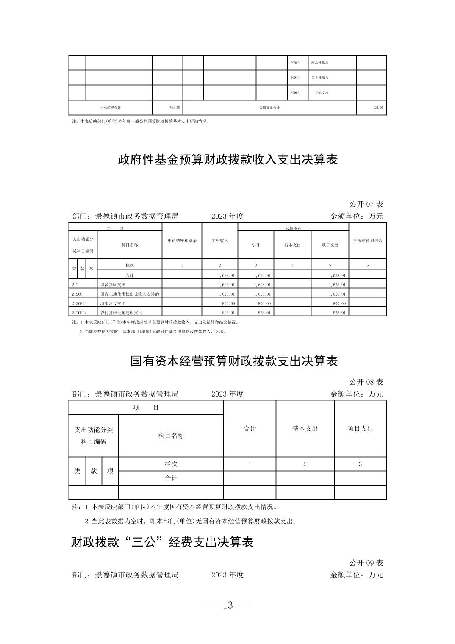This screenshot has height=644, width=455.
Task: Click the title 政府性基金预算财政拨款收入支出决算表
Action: click(227, 160)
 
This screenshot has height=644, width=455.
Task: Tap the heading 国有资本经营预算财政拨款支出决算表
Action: click(234, 361)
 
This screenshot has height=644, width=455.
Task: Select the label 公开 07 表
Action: click(366, 204)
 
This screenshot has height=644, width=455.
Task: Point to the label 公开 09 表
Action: click(366, 563)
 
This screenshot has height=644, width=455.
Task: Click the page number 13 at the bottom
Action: click(227, 605)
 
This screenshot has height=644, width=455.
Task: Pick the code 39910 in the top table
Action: click(295, 78)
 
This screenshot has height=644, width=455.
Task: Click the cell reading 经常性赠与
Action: click(320, 63)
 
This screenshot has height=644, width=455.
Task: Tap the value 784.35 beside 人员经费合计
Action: click(174, 108)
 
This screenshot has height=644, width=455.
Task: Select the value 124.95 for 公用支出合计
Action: click(378, 108)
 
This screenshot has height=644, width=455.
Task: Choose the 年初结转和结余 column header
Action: click(182, 241)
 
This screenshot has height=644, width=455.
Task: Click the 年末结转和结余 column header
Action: click(367, 241)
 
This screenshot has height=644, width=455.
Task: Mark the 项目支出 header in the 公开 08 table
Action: click(360, 428)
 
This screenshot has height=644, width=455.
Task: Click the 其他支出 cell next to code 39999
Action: click(321, 92)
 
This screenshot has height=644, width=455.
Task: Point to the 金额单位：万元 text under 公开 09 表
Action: click(356, 575)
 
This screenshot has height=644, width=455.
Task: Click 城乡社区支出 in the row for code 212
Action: click(113, 285)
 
